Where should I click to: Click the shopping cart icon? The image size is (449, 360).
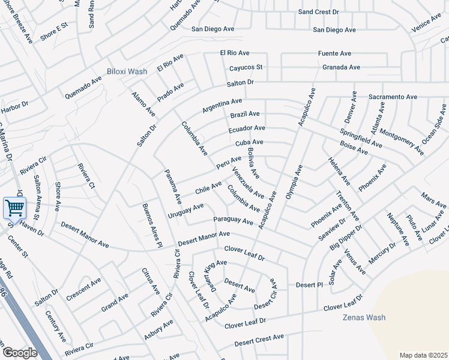(x=14, y=208)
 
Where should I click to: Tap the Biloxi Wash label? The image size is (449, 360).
(x=127, y=71)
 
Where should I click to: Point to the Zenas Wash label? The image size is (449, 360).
(x=364, y=317)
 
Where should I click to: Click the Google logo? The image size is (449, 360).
(x=20, y=353)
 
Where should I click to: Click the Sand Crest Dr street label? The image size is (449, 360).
(x=319, y=12)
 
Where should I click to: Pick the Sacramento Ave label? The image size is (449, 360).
(x=393, y=97)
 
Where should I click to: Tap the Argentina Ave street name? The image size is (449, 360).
(x=222, y=106)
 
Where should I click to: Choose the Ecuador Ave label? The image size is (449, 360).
(x=247, y=128)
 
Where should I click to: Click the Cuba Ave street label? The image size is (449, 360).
(x=250, y=143)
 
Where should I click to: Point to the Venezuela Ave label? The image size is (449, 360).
(x=248, y=183)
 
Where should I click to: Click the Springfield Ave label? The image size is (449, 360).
(x=361, y=138)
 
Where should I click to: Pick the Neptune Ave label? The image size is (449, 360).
(x=397, y=229)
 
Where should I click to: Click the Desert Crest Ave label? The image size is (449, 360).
(x=259, y=340)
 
